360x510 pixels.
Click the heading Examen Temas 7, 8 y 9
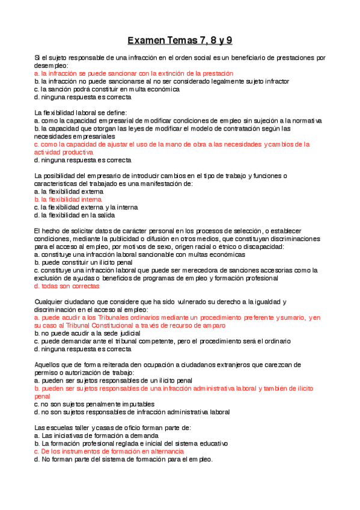[180, 41]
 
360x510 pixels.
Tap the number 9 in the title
[229, 41]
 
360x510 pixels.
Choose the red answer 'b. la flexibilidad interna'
[69, 199]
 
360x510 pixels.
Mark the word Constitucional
[121, 325]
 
